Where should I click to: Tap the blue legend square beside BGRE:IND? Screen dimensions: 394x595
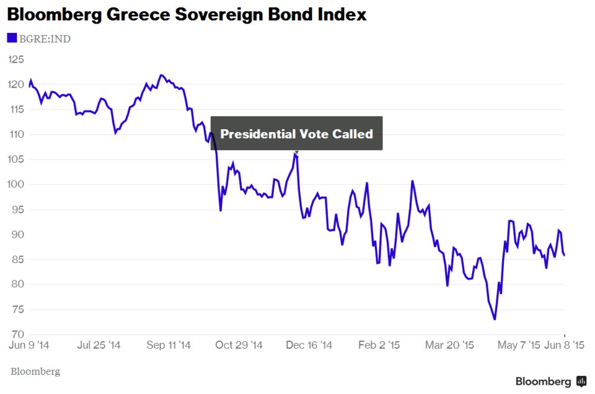pyautogui.click(x=12, y=38)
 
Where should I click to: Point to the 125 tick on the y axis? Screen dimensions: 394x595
pyautogui.click(x=16, y=60)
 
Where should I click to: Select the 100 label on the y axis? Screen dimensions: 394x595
pyautogui.click(x=16, y=184)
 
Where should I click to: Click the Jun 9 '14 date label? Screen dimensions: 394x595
pyautogui.click(x=30, y=345)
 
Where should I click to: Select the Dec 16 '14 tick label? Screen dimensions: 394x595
pyautogui.click(x=309, y=345)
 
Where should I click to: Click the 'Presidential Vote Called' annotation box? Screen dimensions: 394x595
pyautogui.click(x=296, y=133)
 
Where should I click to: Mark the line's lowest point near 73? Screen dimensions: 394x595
pyautogui.click(x=495, y=320)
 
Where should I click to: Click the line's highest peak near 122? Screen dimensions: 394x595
pyautogui.click(x=161, y=75)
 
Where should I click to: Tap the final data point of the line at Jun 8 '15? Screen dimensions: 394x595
pyautogui.click(x=564, y=255)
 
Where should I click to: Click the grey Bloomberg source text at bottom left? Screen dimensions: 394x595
pyautogui.click(x=35, y=372)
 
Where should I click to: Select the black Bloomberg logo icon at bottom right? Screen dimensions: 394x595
pyautogui.click(x=581, y=381)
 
